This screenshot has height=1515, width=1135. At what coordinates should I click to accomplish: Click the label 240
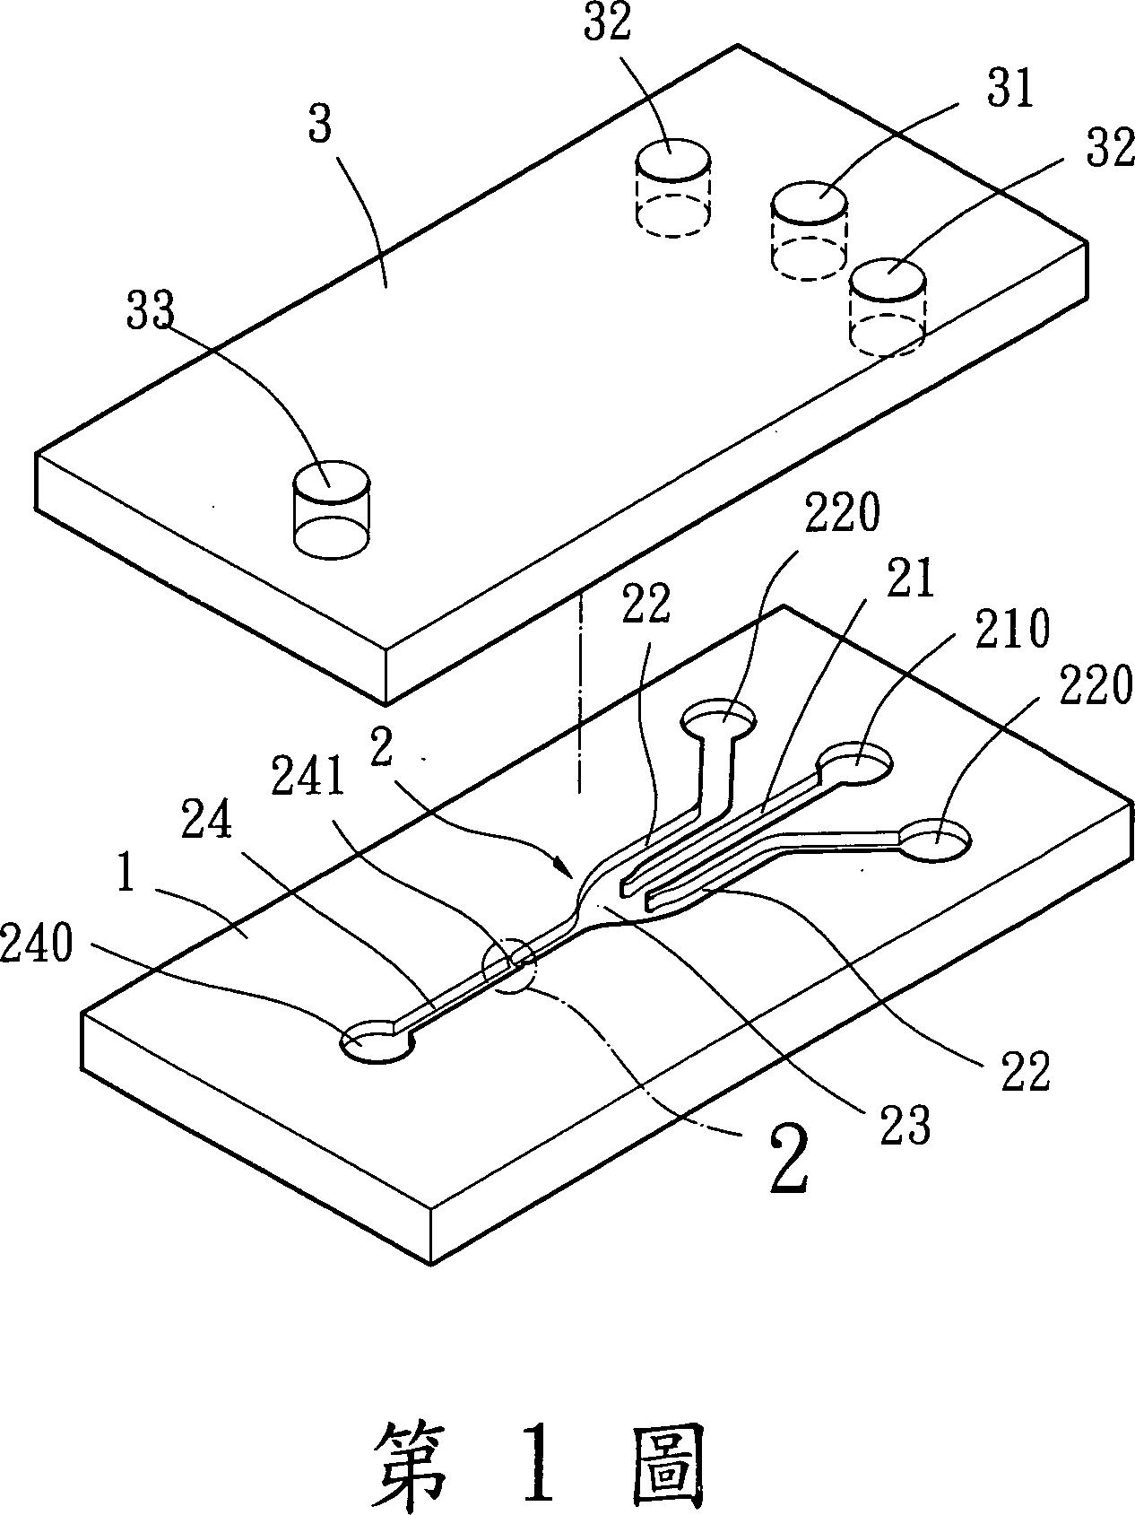pos(37,945)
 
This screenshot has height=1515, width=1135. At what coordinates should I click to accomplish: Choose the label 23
pos(905,1127)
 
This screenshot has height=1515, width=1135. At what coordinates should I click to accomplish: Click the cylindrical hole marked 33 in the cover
pos(331,506)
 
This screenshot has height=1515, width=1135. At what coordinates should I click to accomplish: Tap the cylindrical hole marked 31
pos(809,230)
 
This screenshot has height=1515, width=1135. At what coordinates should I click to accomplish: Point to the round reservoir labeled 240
pos(377,1042)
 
